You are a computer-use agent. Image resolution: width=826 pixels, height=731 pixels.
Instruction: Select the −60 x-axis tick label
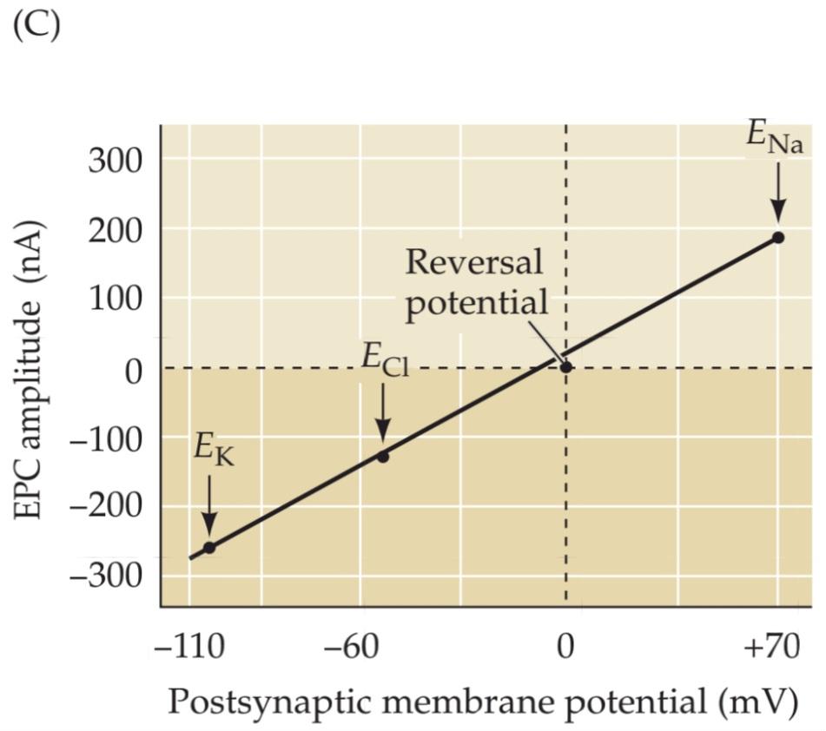point(382,649)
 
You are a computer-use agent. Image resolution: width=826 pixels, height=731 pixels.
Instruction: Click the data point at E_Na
point(778,237)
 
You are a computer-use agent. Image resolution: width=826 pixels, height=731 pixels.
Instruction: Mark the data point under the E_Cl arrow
point(383,457)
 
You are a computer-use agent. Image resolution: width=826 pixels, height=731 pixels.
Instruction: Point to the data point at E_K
point(209,547)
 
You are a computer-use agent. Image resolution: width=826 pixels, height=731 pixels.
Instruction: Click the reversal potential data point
point(566,367)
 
